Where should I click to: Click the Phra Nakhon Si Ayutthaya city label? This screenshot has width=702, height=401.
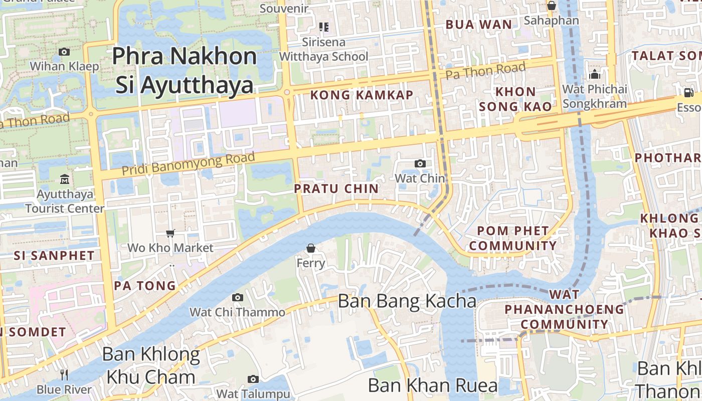184,70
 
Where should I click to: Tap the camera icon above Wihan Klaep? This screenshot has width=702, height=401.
64,52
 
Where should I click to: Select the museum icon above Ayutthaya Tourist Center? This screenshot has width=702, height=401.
65,179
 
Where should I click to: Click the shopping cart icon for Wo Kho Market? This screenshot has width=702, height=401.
170,233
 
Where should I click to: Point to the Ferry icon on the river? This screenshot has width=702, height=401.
311,248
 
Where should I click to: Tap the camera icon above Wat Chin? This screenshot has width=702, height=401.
420,163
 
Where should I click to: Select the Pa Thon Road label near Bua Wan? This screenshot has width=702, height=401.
485,71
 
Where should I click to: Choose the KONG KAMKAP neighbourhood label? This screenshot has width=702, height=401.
362,95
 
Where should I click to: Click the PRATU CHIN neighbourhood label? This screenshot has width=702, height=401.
336,188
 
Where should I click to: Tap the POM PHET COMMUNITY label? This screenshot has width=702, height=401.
513,238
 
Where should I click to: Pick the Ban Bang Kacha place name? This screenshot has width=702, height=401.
407,301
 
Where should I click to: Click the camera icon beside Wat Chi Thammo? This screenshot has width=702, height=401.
238,297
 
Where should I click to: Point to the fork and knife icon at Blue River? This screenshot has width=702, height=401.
64,374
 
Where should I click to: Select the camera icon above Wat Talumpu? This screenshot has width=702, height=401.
253,379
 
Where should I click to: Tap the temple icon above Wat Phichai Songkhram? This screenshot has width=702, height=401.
595,75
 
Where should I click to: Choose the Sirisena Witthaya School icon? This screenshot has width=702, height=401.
323,27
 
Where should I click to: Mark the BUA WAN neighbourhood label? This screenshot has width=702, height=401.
479,24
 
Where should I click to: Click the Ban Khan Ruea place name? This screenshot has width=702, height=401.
433,385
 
